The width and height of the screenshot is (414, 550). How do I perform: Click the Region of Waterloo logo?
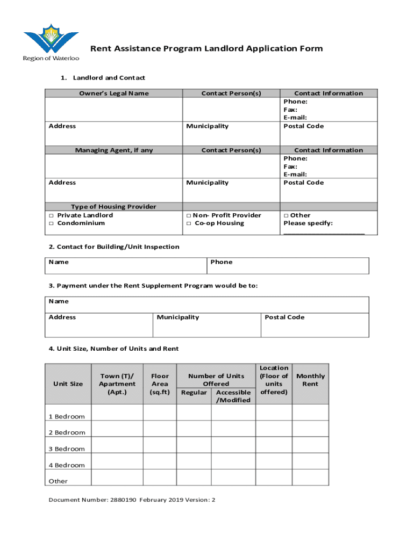(x=51, y=42)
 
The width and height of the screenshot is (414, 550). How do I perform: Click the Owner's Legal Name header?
(x=113, y=93)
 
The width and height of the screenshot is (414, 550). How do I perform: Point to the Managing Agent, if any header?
(x=113, y=150)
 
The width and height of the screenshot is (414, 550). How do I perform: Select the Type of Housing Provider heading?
(x=113, y=207)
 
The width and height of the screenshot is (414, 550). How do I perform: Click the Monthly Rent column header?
(x=310, y=380)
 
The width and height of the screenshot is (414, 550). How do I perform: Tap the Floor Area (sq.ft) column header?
(x=160, y=384)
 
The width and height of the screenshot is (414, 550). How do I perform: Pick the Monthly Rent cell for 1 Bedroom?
(x=310, y=412)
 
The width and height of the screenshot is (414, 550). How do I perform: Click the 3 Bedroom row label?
(x=67, y=449)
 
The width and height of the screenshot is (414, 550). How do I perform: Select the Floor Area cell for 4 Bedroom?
(x=160, y=461)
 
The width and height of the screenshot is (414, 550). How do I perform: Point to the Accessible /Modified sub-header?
(x=233, y=396)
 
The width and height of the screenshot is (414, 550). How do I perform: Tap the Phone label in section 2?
(x=222, y=262)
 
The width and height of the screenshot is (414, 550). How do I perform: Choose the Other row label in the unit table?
(x=58, y=481)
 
